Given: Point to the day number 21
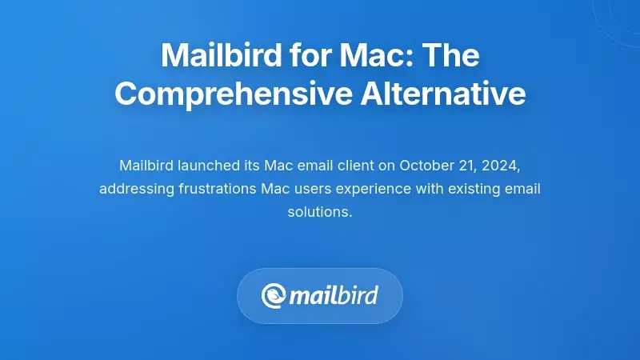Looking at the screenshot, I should coord(466,166).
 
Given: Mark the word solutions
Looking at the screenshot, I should coord(320,213).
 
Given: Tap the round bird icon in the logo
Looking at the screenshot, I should coord(274,295).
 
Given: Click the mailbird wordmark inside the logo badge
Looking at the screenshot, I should coord(334,295).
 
